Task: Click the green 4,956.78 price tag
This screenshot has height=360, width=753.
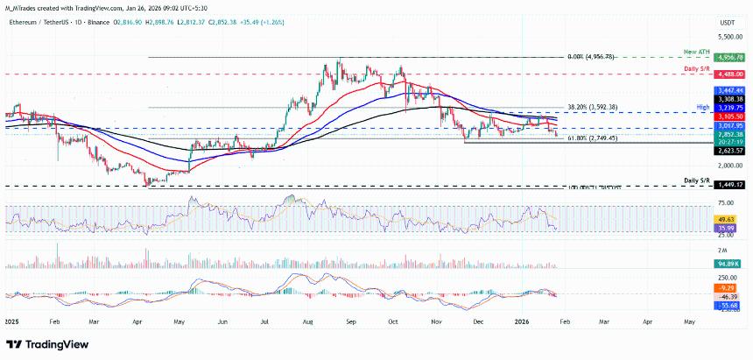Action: [729, 57]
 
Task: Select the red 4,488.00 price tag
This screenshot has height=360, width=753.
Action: [729, 75]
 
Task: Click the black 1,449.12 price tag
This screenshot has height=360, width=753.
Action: [729, 186]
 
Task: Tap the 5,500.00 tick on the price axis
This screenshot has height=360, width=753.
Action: [729, 39]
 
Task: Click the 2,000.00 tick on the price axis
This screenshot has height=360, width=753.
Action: [729, 166]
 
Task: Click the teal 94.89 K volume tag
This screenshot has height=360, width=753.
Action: [729, 263]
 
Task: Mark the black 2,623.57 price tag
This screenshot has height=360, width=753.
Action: [729, 151]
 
